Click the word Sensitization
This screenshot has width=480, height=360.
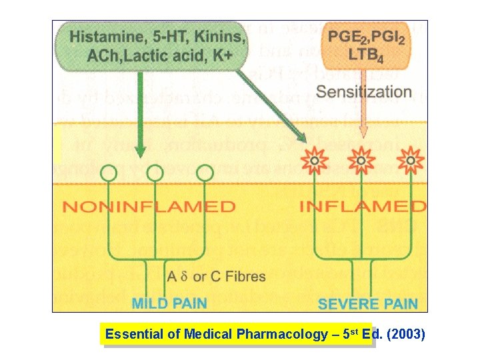click(x=364, y=91)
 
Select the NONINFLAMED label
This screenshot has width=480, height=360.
click(x=149, y=207)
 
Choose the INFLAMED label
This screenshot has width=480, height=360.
click(x=362, y=206)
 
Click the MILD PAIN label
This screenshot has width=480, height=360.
click(x=169, y=303)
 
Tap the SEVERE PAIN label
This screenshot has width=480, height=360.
click(x=367, y=304)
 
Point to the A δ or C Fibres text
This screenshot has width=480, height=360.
click(x=216, y=276)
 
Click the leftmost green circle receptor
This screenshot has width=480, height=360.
click(x=107, y=173)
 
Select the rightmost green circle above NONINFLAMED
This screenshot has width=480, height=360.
click(x=205, y=173)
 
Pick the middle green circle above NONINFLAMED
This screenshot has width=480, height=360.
click(x=155, y=173)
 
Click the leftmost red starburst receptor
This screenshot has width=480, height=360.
click(x=312, y=161)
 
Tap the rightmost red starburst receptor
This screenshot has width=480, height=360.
click(x=410, y=161)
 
